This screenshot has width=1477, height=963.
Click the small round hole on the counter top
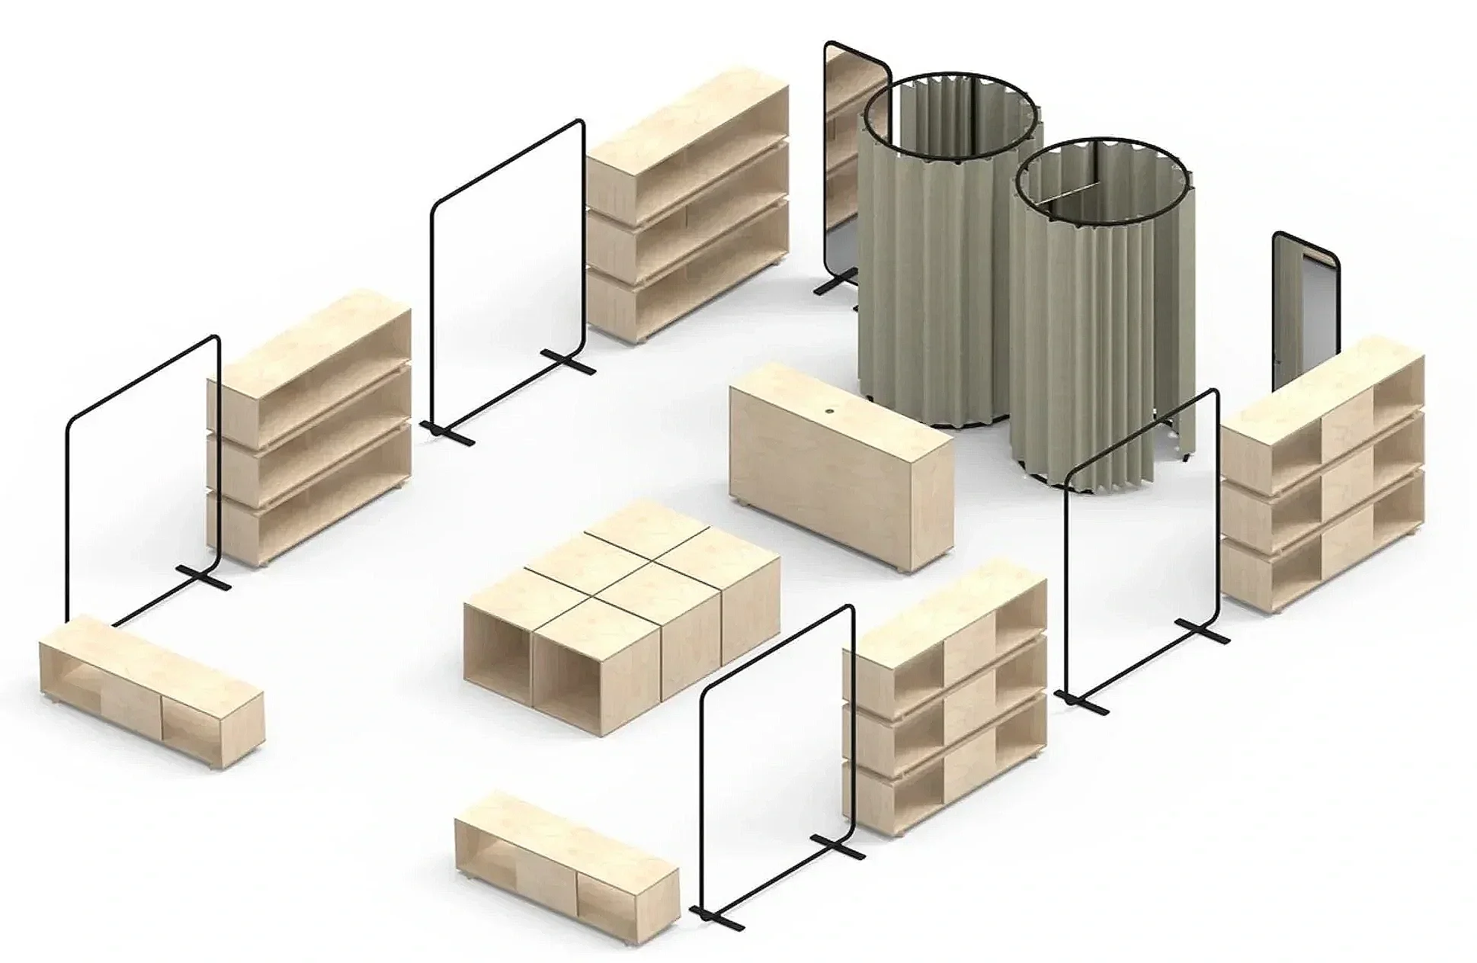click(829, 412)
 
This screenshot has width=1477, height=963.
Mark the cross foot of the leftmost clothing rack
click(203, 579)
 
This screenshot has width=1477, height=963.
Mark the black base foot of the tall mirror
click(830, 287)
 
